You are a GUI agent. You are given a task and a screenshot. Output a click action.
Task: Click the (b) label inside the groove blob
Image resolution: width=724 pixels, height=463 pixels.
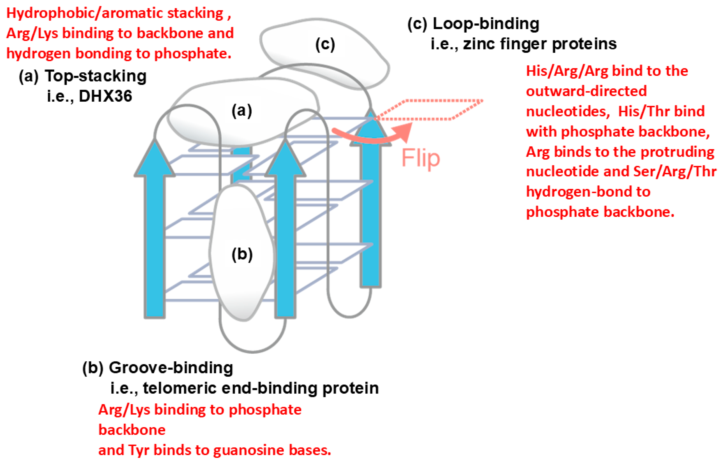242,254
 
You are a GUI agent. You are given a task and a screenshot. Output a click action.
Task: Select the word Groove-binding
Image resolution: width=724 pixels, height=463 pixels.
171,368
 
